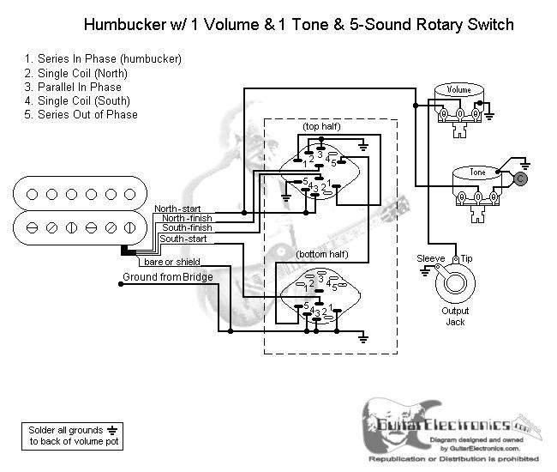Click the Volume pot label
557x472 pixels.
coord(459,89)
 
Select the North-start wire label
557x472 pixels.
coord(178,209)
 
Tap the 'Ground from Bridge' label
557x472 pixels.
coord(162,277)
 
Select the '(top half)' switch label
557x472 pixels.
coord(319,126)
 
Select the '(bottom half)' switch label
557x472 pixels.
coord(322,255)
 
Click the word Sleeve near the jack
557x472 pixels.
coord(431,258)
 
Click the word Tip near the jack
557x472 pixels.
coord(467,258)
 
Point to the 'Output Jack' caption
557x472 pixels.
coord(455,316)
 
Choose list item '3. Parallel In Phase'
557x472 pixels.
coord(73,87)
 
